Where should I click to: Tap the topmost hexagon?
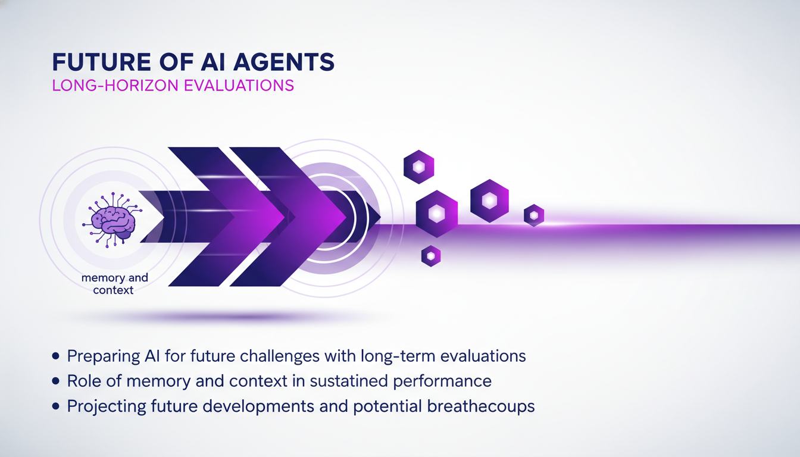[x=418, y=167]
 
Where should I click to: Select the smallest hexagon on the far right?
[x=534, y=215]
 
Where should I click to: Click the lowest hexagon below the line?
[x=430, y=256]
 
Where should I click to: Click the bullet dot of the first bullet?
[x=57, y=356]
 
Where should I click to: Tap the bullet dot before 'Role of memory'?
[x=57, y=381]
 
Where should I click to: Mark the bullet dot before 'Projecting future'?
[x=57, y=406]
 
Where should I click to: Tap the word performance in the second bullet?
[x=449, y=381]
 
